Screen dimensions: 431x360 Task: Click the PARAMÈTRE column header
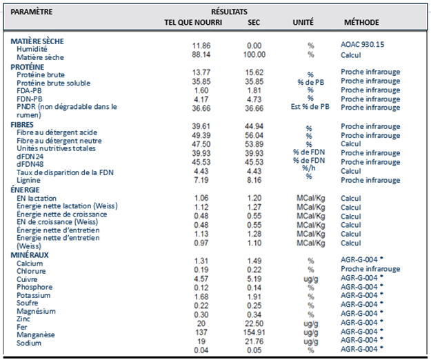32,12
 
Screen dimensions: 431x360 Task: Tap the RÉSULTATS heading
229,12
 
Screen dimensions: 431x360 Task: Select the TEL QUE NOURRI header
193,22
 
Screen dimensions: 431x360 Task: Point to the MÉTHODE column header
361,22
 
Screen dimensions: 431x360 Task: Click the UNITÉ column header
303,22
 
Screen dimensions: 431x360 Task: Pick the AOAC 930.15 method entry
362,44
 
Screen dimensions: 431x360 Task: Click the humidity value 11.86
201,46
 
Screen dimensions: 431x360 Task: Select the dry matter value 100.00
254,54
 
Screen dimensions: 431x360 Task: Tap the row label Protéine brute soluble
53,83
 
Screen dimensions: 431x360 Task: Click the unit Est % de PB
310,107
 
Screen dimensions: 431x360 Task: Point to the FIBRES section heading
22,125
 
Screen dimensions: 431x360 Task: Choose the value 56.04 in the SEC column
254,135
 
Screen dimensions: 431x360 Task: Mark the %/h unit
309,168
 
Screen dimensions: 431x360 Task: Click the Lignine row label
28,180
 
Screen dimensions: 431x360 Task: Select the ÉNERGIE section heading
25,190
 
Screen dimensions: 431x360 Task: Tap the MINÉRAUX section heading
30,255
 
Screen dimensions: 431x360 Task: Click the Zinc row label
23,319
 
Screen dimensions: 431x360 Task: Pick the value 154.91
254,332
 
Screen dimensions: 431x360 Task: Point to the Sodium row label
29,343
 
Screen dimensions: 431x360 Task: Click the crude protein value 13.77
201,72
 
